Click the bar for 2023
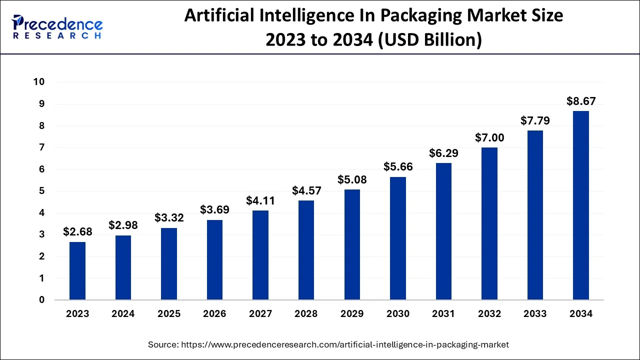pos(77,270)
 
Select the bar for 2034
pos(580,205)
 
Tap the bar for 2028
pos(306,250)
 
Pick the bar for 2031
pos(443,231)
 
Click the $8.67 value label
pos(581,101)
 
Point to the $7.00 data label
pos(489,137)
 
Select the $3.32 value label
pos(169,217)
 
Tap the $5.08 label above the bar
pos(352,179)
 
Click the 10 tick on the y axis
pos(39,82)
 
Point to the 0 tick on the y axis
pos(42,300)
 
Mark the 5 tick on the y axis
pos(42,191)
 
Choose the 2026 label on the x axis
pos(214,314)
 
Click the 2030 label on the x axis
pos(397,314)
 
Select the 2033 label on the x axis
pos(535,314)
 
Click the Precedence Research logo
pos(57,27)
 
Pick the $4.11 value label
pos(260,200)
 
